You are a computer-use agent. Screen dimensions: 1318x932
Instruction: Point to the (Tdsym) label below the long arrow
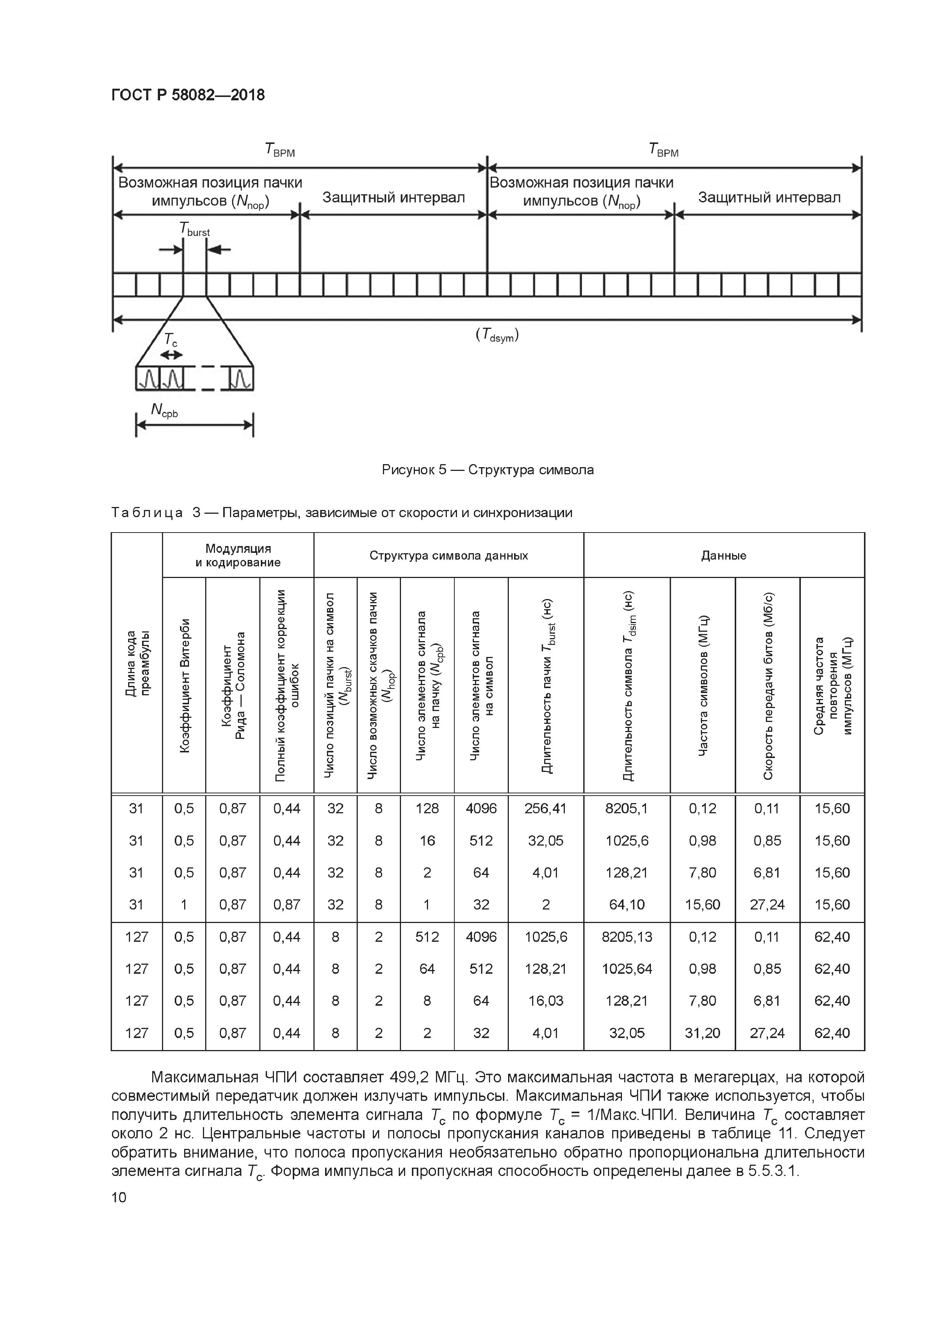[497, 336]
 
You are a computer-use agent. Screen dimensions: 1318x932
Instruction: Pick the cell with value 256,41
[545, 809]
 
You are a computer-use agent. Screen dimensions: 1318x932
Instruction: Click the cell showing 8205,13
[627, 937]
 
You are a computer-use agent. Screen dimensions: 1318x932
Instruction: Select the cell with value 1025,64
[627, 969]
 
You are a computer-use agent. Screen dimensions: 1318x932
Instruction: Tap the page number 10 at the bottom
[119, 1197]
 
